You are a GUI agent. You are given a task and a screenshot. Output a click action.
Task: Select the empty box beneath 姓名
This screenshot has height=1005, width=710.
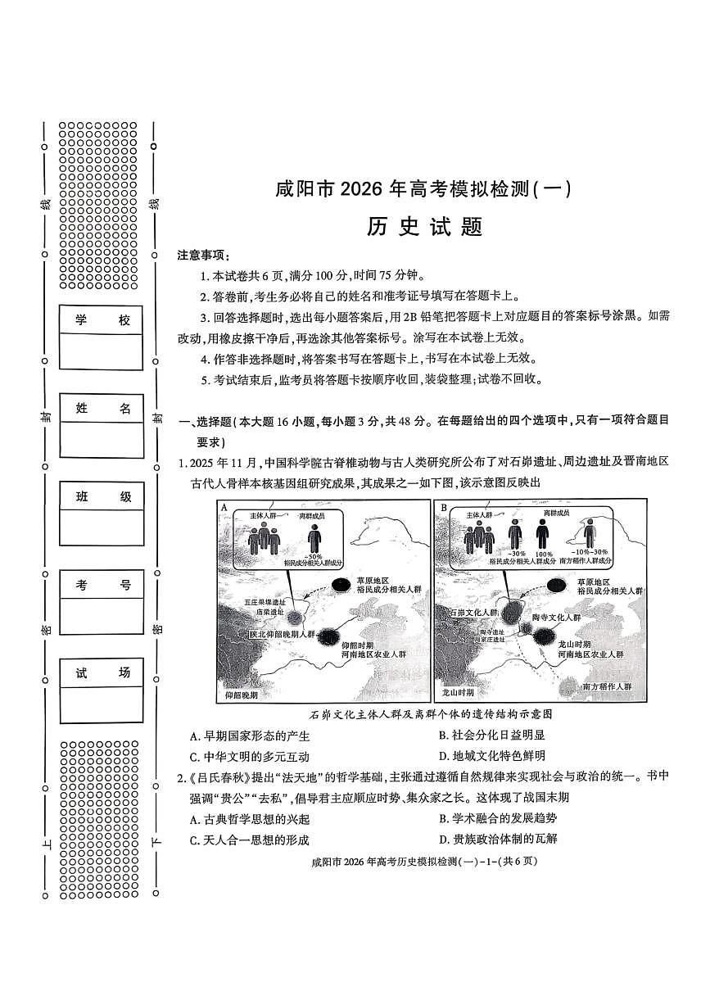pos(102,440)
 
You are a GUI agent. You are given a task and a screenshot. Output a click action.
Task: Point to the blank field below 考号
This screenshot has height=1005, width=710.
pos(102,616)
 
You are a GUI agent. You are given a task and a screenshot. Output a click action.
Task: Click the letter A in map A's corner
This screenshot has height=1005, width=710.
pos(224,507)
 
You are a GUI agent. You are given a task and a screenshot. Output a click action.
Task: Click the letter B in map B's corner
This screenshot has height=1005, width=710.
pos(444,507)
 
